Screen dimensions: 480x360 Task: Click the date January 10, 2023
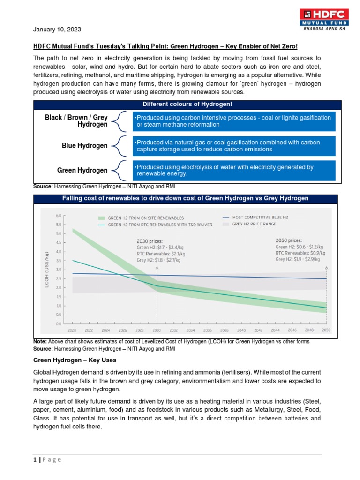tap(57, 30)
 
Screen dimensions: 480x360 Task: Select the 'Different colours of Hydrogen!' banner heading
tap(184, 104)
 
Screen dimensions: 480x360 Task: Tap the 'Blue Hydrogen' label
tap(84, 146)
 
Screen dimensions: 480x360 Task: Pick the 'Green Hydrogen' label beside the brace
tap(82, 170)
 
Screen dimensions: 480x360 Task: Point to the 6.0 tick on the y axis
tap(59, 216)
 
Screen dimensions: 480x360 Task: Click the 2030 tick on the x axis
tap(157, 330)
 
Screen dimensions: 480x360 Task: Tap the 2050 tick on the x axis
tap(326, 330)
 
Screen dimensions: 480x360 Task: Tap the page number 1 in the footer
tap(35, 459)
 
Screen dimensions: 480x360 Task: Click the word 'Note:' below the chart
tap(40, 342)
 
